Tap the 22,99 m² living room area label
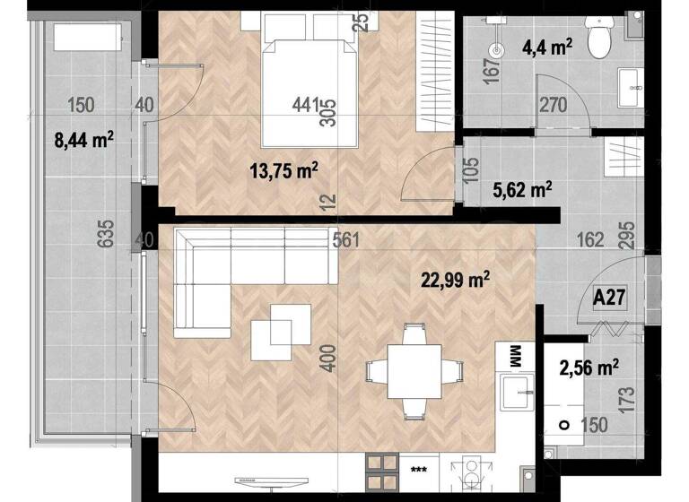tap(455, 280)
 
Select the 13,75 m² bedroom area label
tap(284, 170)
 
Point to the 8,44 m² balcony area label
tap(85, 138)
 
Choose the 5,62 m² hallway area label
tap(523, 189)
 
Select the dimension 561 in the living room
tap(344, 239)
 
